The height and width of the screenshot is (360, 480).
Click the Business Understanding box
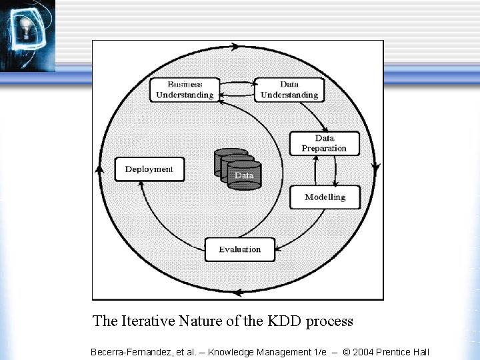[185, 90]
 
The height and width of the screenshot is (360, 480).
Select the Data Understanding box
[289, 90]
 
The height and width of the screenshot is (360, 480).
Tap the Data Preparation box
[324, 143]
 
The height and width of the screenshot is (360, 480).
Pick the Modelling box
[325, 197]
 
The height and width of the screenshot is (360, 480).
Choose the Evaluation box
[239, 249]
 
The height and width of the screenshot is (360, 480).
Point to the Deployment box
[149, 169]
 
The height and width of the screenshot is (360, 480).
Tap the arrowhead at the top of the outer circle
[235, 47]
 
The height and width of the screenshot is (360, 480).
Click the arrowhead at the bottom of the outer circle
[239, 292]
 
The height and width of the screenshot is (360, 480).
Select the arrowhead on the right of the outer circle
[377, 168]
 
